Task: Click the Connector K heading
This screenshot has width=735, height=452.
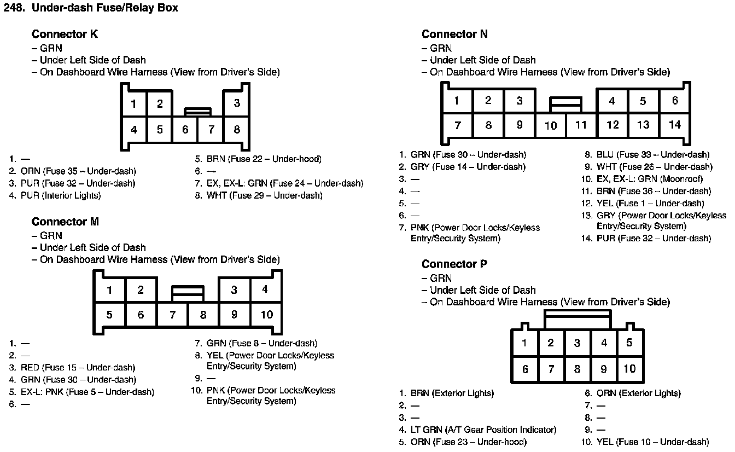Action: coord(65,34)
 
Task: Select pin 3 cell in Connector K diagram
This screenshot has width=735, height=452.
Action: coord(237,103)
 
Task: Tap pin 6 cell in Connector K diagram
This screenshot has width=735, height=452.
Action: coord(185,130)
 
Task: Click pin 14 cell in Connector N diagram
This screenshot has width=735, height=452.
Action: coord(675,125)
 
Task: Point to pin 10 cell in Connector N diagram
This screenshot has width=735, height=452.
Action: coord(551,125)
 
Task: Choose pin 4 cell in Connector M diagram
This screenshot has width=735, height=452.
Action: coord(265,289)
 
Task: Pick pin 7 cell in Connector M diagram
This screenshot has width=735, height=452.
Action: coord(172,315)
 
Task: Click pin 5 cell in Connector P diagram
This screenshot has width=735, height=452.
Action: coord(629,343)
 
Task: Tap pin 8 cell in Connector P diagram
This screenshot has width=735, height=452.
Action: coord(577,369)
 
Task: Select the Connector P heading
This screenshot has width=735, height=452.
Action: coord(454,264)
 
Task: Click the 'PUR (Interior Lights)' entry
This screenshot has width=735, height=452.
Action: coord(61,195)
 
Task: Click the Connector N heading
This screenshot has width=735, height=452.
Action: coord(454,34)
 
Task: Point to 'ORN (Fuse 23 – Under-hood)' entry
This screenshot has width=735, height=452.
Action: coord(468,442)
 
